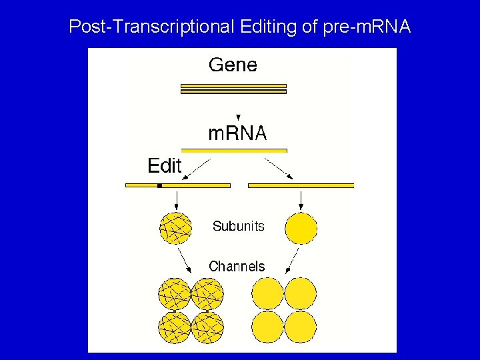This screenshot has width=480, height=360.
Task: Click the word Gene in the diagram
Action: click(233, 65)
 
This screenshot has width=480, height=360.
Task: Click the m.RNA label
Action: click(237, 133)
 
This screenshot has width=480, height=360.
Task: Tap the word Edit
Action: click(164, 165)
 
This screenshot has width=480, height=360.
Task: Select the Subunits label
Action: click(238, 227)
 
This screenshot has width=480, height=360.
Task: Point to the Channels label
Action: click(237, 267)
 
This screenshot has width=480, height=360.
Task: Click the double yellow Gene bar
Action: click(233, 89)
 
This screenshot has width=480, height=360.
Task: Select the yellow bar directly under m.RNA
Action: click(234, 151)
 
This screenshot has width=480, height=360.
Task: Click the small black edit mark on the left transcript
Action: click(159, 185)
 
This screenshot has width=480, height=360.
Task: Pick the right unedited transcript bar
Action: click(301, 185)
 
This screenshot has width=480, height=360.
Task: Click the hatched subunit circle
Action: click(175, 228)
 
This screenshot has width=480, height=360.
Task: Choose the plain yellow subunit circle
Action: click(301, 228)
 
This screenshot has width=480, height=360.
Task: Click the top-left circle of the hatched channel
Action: click(175, 294)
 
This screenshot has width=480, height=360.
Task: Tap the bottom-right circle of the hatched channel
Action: click(207, 327)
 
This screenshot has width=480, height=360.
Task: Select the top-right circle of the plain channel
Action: click(301, 294)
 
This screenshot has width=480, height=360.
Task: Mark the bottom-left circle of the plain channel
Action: click(268, 327)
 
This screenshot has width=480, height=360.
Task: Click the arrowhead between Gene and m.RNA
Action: click(238, 117)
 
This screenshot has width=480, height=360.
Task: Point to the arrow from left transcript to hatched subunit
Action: click(175, 200)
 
